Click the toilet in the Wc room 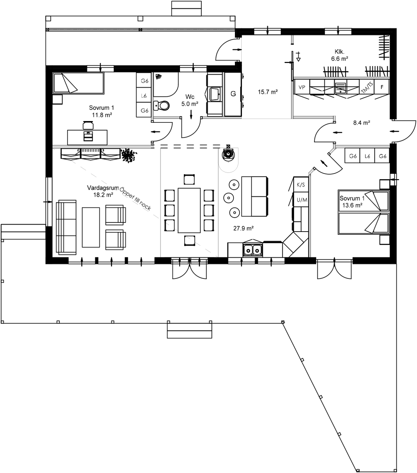[163, 105]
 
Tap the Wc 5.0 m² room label [190, 100]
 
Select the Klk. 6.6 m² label [340, 55]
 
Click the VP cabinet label [302, 87]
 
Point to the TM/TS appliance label [367, 87]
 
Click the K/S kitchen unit [301, 185]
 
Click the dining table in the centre [189, 210]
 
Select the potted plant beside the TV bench [129, 155]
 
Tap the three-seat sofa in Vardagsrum [67, 227]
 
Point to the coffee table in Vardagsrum [91, 227]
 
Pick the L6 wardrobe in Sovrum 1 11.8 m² [144, 96]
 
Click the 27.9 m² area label [243, 228]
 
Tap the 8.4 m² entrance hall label [361, 123]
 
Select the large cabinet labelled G [233, 94]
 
